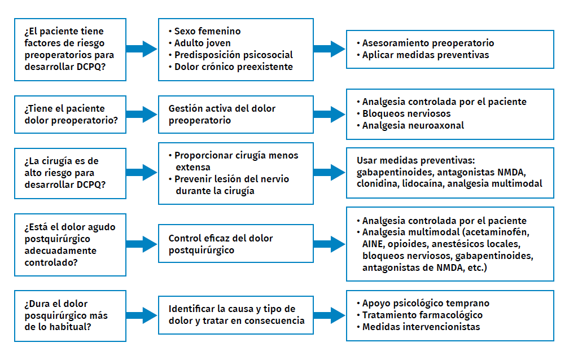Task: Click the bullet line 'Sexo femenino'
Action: [x=205, y=31]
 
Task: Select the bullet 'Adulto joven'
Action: [x=200, y=43]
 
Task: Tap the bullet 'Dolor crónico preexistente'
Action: [x=231, y=67]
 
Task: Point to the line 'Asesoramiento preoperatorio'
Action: [x=425, y=43]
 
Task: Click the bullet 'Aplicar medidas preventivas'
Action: [x=423, y=55]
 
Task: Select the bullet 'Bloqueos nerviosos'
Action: [x=404, y=113]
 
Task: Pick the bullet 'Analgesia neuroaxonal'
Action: [x=410, y=125]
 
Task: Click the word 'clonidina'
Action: [x=378, y=183]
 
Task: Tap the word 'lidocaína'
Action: [x=423, y=183]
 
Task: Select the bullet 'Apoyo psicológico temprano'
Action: [x=423, y=303]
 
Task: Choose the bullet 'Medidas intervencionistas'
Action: [x=418, y=327]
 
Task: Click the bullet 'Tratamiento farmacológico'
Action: [x=419, y=315]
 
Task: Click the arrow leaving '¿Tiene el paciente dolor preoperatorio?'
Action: [x=142, y=115]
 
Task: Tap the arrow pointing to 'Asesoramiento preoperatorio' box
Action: [x=330, y=49]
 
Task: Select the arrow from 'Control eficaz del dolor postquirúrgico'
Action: [x=330, y=244]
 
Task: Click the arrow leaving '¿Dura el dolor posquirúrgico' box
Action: [x=142, y=315]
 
